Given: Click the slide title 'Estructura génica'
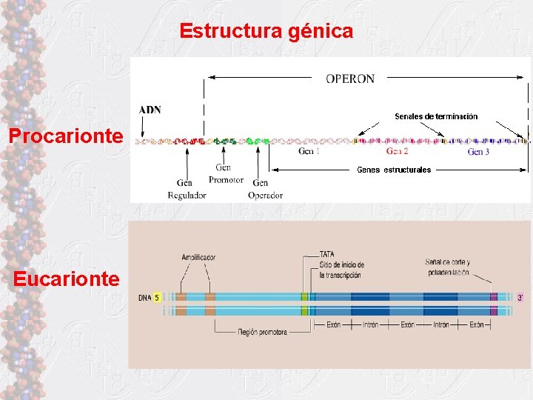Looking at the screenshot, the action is click(x=266, y=31).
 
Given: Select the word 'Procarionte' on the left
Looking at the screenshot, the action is click(x=65, y=136).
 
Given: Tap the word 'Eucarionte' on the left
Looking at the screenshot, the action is click(x=65, y=279).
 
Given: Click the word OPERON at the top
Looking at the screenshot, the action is click(x=350, y=78).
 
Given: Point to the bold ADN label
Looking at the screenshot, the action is click(x=150, y=110).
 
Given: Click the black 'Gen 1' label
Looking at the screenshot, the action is click(x=309, y=152).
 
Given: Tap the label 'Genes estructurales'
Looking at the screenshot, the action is click(x=394, y=170).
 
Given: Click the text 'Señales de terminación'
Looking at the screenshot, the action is click(x=436, y=116).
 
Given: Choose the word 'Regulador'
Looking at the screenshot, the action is click(x=187, y=195).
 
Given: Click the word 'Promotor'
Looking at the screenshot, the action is click(x=227, y=180).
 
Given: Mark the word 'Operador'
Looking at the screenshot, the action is click(x=266, y=195).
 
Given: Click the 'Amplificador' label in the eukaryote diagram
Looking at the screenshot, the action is click(x=198, y=258).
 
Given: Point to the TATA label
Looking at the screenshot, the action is click(x=327, y=254).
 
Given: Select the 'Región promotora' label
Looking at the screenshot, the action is click(x=263, y=332).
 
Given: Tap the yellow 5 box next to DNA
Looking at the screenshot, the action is click(x=157, y=298).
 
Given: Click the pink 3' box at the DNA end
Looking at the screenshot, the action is click(x=520, y=298).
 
